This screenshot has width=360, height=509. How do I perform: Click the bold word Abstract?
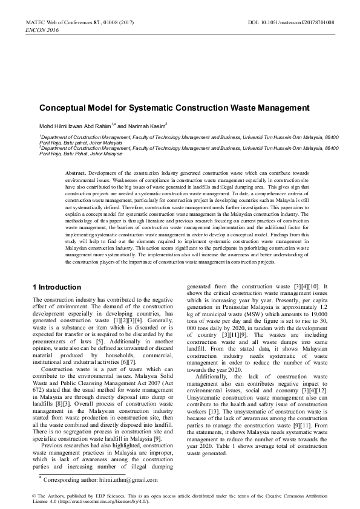click(76, 173)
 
